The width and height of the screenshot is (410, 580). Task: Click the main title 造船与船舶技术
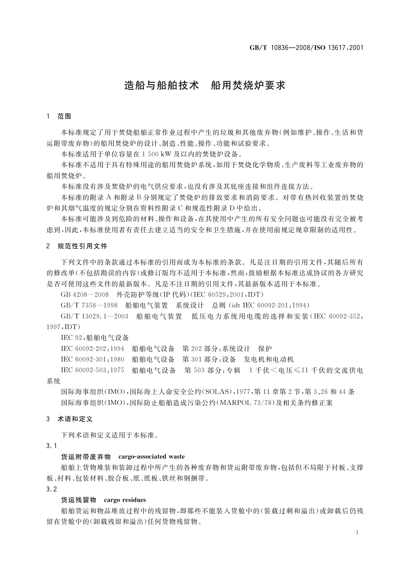161,85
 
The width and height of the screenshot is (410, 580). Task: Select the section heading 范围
64,116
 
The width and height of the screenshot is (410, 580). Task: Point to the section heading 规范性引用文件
82,246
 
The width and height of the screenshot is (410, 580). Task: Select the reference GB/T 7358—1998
89,305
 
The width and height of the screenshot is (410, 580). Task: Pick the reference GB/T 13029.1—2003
95,316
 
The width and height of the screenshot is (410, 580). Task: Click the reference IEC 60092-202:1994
92,349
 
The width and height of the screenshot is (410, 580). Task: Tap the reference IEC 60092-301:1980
92,359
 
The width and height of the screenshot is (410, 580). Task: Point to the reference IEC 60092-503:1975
92,370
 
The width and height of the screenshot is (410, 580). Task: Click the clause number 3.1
51,446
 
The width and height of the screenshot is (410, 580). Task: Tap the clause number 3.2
51,489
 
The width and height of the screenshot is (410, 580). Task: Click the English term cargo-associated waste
151,457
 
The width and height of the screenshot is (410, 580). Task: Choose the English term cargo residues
125,500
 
